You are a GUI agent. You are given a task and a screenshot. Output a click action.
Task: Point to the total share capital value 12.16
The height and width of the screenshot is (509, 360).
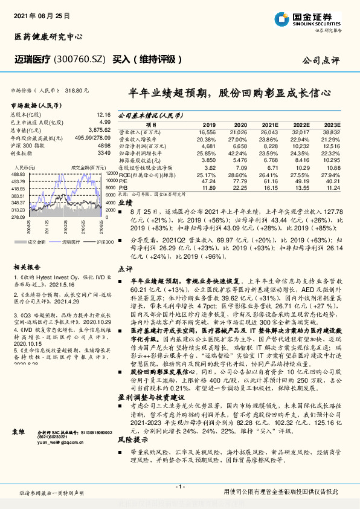[103, 115]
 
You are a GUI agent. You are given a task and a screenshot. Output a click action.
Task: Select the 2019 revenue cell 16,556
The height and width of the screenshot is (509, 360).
[207, 132]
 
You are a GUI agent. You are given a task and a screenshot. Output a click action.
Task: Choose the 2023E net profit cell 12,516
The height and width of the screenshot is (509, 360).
[332, 145]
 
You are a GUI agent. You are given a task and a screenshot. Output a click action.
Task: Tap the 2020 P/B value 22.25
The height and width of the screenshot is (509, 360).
[239, 187]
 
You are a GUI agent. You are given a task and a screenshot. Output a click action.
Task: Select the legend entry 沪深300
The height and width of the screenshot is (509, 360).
[103, 241]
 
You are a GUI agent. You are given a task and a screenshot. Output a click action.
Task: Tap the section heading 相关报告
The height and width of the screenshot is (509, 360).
[27, 266]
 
